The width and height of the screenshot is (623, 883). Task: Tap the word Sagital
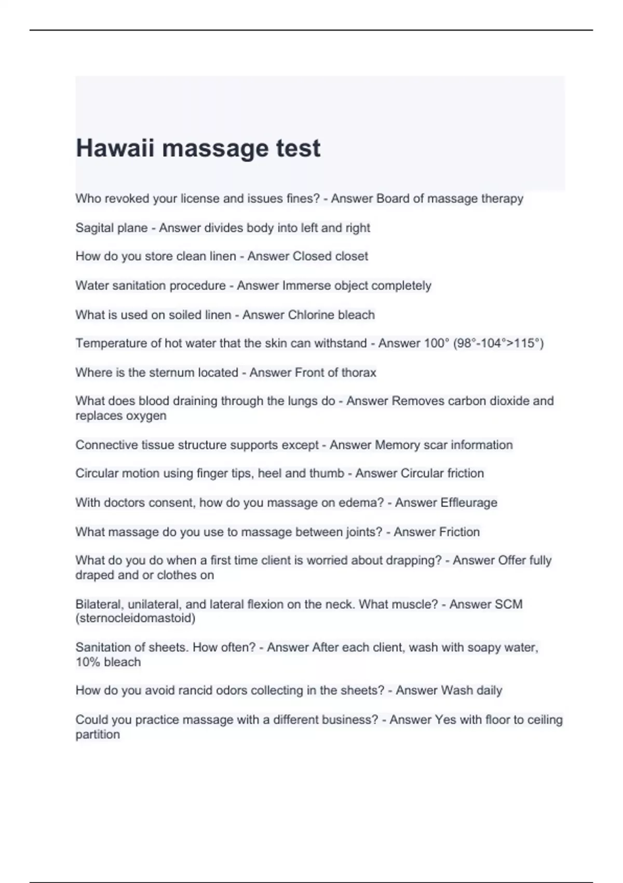93,228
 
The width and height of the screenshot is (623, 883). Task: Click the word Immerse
306,286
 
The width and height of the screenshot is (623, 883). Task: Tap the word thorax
359,372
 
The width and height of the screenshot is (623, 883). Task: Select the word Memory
397,445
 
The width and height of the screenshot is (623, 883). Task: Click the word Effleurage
468,503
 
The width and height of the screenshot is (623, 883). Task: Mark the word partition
98,734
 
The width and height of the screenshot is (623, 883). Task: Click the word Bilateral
98,604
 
